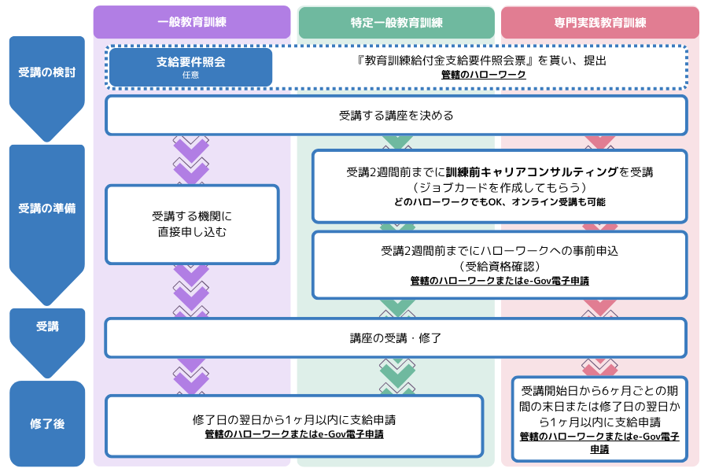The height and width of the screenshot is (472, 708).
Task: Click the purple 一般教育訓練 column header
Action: (x=192, y=22)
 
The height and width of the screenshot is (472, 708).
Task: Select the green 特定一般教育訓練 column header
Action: (x=396, y=22)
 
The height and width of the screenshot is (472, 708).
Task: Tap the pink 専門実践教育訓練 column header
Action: (x=599, y=22)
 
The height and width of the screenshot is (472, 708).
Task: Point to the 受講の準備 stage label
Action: (x=46, y=209)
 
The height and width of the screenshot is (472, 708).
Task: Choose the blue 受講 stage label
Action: (x=46, y=326)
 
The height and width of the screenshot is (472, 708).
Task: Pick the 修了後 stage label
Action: (x=46, y=423)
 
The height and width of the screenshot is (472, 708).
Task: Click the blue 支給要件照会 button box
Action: (x=191, y=67)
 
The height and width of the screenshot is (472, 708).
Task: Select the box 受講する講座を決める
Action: (x=396, y=116)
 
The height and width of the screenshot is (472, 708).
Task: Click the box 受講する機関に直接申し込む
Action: (x=192, y=224)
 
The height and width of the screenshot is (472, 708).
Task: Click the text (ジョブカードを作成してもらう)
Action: (x=500, y=187)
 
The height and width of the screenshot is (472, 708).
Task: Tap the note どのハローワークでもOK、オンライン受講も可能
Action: (x=500, y=202)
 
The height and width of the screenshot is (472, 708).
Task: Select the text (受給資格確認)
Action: (x=500, y=266)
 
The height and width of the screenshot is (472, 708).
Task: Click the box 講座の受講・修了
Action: (x=396, y=337)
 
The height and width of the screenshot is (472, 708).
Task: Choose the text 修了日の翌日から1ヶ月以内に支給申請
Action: (x=294, y=419)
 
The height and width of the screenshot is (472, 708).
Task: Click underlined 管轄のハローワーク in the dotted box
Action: (x=483, y=75)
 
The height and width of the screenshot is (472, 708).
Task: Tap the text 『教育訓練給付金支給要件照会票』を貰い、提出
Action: (x=483, y=60)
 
